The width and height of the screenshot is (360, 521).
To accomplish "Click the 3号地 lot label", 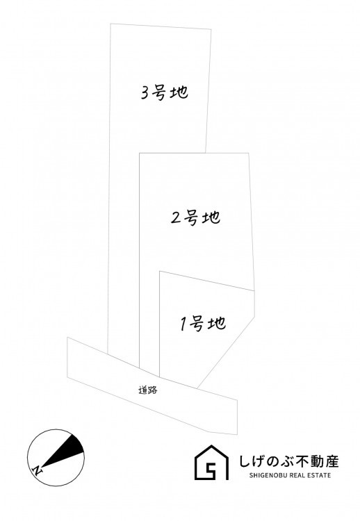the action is click(x=165, y=92).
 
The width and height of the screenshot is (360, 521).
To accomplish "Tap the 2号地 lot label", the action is click(x=195, y=218).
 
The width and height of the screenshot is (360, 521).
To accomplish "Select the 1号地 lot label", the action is click(x=203, y=323).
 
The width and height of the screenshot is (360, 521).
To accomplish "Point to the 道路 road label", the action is click(x=147, y=390).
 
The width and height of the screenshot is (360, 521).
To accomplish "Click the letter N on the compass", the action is click(x=38, y=470).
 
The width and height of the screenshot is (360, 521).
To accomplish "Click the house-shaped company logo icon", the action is click(x=211, y=462).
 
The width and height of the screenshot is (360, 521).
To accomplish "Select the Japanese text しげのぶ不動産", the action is click(x=289, y=461).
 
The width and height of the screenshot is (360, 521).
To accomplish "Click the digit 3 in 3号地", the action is click(x=145, y=93).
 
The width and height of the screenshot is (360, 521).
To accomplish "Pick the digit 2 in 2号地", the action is click(x=176, y=218).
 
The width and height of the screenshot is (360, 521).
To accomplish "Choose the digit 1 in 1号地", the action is click(x=183, y=324).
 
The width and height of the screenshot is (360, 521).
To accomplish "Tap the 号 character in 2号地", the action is click(x=192, y=218).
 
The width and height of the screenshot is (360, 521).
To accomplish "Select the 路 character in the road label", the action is click(x=152, y=390).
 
